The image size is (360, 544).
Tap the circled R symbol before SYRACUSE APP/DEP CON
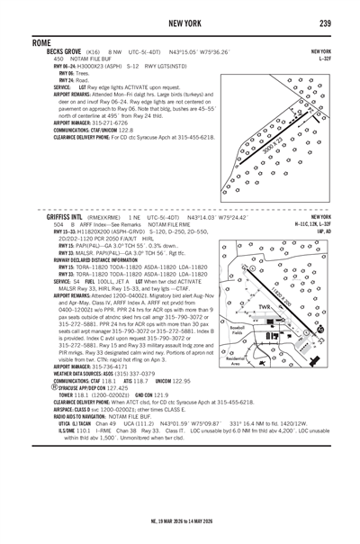tap(31, 386)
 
